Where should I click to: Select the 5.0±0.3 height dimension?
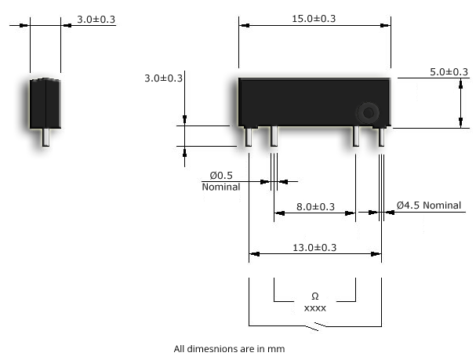click(449, 72)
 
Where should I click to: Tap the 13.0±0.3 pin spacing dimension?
click(314, 247)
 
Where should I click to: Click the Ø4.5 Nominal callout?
click(429, 205)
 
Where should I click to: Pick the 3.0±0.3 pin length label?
click(163, 78)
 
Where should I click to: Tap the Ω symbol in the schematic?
click(314, 296)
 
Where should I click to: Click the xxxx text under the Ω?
click(314, 308)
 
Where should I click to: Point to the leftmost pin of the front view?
click(249, 137)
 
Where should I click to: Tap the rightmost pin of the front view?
click(381, 137)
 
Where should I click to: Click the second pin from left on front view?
click(274, 137)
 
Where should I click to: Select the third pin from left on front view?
click(355, 137)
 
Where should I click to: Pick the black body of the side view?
click(45, 102)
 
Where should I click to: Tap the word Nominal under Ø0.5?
click(220, 187)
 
